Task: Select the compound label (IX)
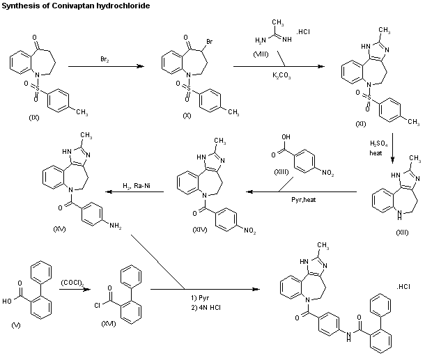[34, 117]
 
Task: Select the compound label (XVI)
[109, 324]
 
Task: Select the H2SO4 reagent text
[377, 143]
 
